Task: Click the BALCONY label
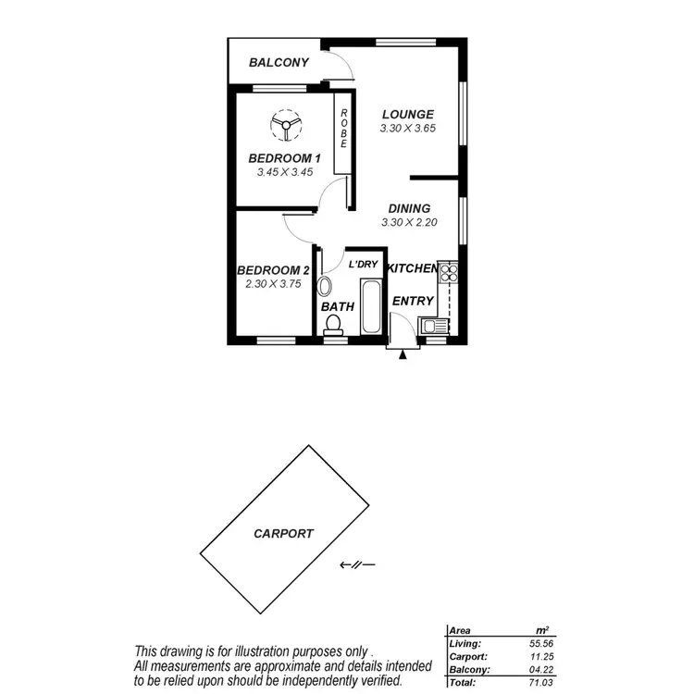coord(279,63)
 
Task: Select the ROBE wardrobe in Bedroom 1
coord(343,130)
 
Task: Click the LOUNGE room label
coord(408,115)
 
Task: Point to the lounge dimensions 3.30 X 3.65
coord(408,129)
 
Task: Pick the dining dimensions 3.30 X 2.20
coord(408,223)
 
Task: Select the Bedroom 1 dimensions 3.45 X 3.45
coord(285,172)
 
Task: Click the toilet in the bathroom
coord(334,323)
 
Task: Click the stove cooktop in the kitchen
coord(449,272)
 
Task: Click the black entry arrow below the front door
coord(402,354)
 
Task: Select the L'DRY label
coord(364,265)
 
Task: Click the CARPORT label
coord(283,534)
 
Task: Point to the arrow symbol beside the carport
coord(356,564)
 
